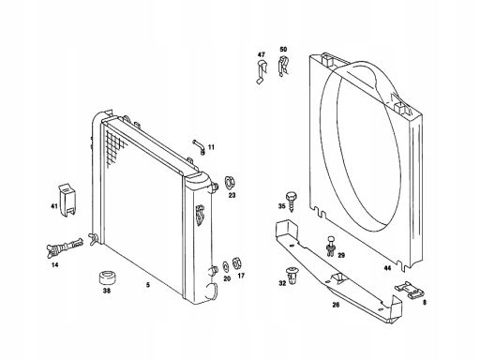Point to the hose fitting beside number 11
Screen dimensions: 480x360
pyautogui.click(x=199, y=147)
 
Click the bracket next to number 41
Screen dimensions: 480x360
pyautogui.click(x=67, y=200)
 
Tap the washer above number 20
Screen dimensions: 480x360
pyautogui.click(x=226, y=266)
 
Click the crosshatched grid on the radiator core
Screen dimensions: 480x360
pyautogui.click(x=115, y=147)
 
